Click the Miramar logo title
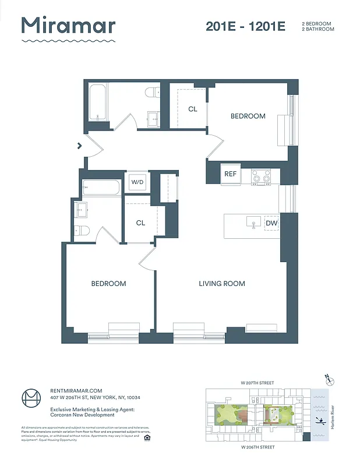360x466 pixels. click(68, 26)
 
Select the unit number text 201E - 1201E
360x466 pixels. click(245, 26)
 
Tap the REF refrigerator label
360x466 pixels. click(230, 174)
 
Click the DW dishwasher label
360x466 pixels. click(271, 223)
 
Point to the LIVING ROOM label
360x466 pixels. click(221, 284)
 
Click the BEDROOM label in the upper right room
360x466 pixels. click(248, 116)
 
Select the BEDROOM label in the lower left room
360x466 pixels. click(108, 284)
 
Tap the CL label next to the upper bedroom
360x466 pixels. click(192, 109)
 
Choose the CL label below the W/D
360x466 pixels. click(140, 223)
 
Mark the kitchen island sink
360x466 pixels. click(253, 223)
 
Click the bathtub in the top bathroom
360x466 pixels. click(98, 104)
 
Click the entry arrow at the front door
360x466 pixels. click(79, 146)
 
